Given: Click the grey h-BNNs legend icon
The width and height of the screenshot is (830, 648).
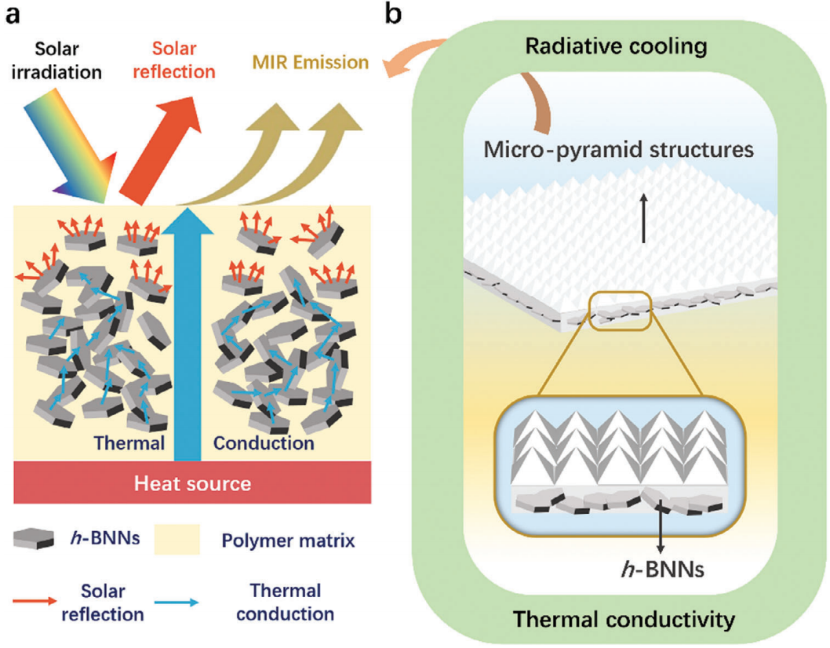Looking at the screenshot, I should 34,538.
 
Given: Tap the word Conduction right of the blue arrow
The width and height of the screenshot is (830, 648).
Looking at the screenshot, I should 265,442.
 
